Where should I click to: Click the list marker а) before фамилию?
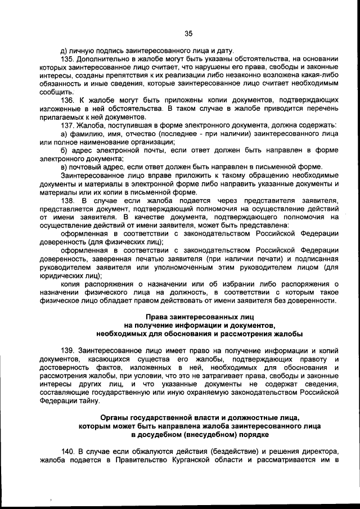coord(64,133)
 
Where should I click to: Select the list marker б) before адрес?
coord(64,150)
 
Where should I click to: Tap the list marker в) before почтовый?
coord(64,166)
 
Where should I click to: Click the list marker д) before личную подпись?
coord(64,49)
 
